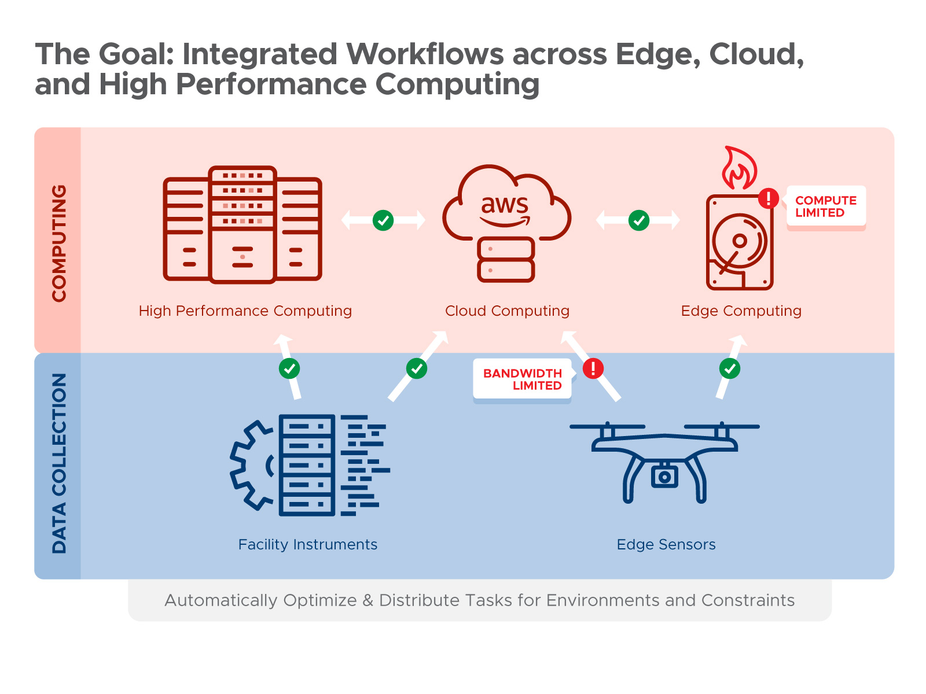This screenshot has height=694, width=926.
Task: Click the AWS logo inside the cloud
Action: pos(505,210)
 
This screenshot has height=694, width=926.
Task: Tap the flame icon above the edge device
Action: pos(739,168)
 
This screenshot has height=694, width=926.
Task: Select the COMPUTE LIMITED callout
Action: pos(826,206)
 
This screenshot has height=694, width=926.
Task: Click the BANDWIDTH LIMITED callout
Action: pos(522,379)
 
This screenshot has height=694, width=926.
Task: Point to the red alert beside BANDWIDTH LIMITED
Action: pos(593,368)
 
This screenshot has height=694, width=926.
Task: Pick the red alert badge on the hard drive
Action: pos(769,198)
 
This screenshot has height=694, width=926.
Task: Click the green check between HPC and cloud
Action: pos(383,220)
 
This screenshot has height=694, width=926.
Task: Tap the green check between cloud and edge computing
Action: pos(639,220)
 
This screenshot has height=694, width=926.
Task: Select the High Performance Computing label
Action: pos(245,311)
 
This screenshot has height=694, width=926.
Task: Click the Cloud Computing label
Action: pos(507,311)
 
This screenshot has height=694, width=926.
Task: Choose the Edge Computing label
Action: pos(741,311)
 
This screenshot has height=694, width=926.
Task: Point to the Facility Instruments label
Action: pos(308,545)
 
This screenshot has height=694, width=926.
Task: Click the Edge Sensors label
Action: pos(666,545)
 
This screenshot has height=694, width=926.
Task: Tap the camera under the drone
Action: pos(664,477)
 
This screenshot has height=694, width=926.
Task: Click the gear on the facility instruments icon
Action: pos(250,466)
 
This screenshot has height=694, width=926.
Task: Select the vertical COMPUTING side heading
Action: pos(59,243)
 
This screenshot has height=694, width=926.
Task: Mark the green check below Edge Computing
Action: pos(730,368)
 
